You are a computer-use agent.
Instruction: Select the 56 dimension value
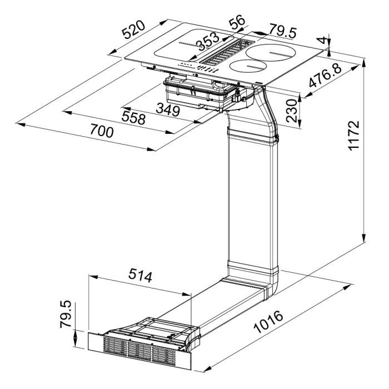tap(237, 23)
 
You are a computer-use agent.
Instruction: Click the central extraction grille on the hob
tap(227, 51)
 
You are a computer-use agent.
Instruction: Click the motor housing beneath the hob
tap(200, 92)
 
